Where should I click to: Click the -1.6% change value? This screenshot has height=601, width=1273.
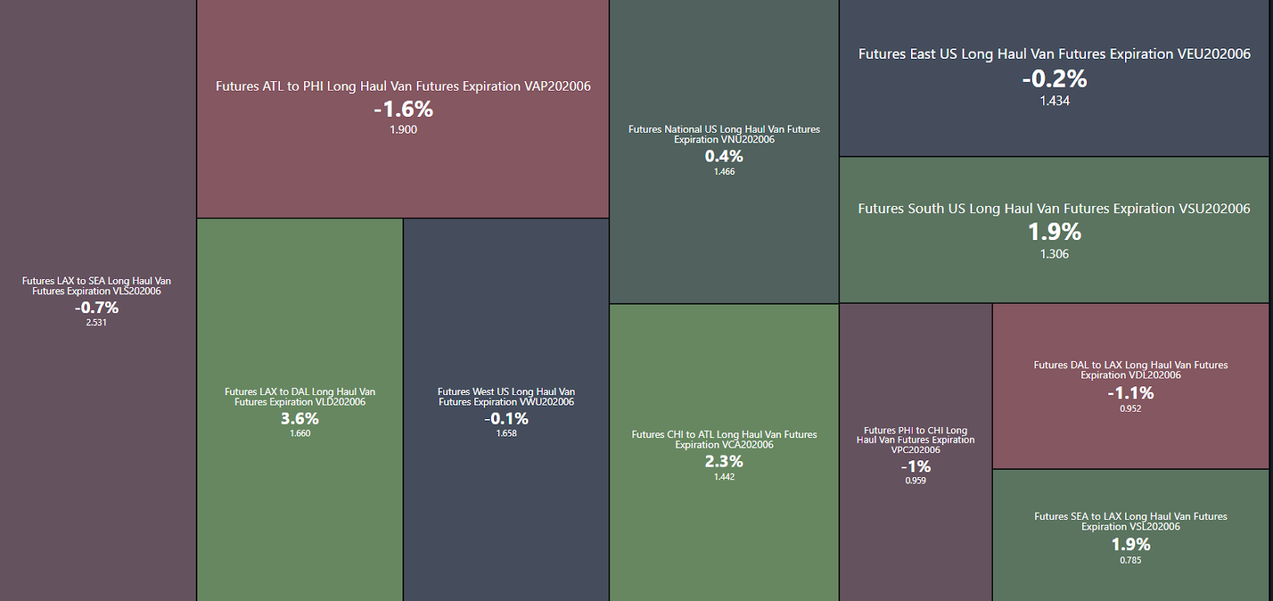[403, 109]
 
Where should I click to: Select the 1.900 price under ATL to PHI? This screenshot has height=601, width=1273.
[403, 130]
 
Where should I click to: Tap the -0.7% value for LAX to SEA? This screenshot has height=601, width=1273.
[96, 308]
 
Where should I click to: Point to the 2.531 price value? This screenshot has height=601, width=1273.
[96, 323]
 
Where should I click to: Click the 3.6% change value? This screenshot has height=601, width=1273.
[300, 419]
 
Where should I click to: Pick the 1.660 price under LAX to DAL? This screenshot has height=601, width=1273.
[300, 433]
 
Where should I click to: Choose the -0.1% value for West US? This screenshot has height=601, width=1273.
[506, 419]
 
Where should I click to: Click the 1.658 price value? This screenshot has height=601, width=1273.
[506, 433]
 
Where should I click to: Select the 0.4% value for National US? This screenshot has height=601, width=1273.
[724, 157]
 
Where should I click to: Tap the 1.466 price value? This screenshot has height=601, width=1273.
[724, 172]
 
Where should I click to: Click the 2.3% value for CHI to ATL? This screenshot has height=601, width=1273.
[724, 462]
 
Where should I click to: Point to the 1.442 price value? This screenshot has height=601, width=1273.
[724, 477]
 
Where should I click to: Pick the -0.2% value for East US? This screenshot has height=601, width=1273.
[1054, 79]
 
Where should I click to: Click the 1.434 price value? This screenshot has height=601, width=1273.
[1054, 101]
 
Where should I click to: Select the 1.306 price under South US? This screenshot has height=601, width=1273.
[1054, 254]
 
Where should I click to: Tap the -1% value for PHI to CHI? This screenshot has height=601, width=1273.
[916, 467]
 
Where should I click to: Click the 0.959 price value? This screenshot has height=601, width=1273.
[916, 481]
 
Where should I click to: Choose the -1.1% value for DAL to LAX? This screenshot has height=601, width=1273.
[1131, 394]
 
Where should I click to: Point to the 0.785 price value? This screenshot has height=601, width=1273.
[1131, 560]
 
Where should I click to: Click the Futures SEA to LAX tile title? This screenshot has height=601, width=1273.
[1131, 522]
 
